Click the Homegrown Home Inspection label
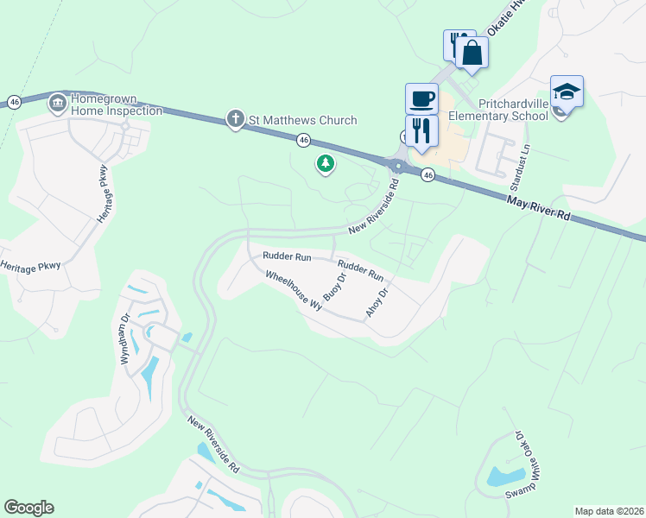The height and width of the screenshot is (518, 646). click(x=117, y=104)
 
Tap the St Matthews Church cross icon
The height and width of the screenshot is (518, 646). click(x=234, y=119)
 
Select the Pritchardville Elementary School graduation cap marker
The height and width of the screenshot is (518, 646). click(x=567, y=91)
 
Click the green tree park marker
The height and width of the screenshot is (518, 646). click(x=326, y=162)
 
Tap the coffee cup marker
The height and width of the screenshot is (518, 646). click(x=422, y=98)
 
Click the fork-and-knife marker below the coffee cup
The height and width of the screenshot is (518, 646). click(x=421, y=130)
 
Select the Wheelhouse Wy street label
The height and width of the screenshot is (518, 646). click(x=293, y=290)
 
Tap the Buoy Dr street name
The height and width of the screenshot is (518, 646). click(x=334, y=286)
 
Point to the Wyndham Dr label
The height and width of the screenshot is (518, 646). click(x=127, y=338)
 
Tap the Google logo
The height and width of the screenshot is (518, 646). click(x=28, y=508)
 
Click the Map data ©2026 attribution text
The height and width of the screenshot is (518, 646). click(x=610, y=511)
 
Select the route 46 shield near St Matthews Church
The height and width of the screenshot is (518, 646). click(x=303, y=139)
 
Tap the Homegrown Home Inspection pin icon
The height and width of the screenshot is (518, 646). click(x=58, y=104)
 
